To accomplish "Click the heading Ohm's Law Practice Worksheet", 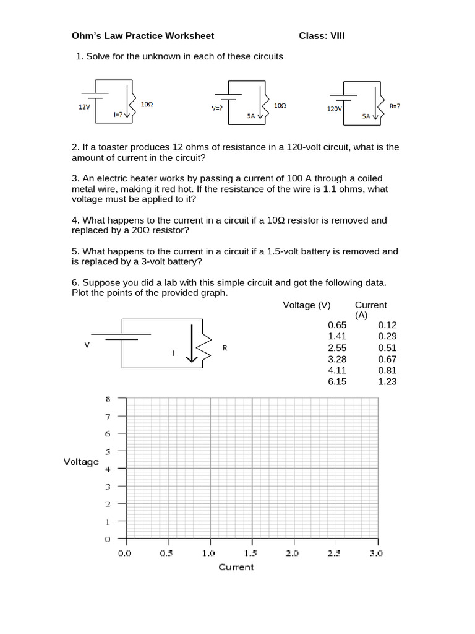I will pyautogui.click(x=143, y=36).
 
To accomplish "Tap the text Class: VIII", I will pyautogui.click(x=322, y=36).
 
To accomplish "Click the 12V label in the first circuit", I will pyautogui.click(x=84, y=106).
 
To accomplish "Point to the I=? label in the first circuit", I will pyautogui.click(x=119, y=115).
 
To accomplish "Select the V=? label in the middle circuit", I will pyautogui.click(x=216, y=107).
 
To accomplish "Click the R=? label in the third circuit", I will pyautogui.click(x=395, y=106).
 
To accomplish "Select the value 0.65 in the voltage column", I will pyautogui.click(x=337, y=324).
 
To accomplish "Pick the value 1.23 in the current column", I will pyautogui.click(x=387, y=381).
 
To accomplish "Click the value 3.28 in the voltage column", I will pyautogui.click(x=337, y=358).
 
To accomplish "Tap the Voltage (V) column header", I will pyautogui.click(x=307, y=305).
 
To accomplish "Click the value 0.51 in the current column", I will pyautogui.click(x=387, y=347).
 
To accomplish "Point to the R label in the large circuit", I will pyautogui.click(x=225, y=348).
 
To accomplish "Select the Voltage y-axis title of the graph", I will pyautogui.click(x=81, y=462).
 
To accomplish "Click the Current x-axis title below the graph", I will pyautogui.click(x=236, y=567).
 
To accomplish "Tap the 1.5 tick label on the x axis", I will pyautogui.click(x=250, y=553).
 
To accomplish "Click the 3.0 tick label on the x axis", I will pyautogui.click(x=376, y=553).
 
